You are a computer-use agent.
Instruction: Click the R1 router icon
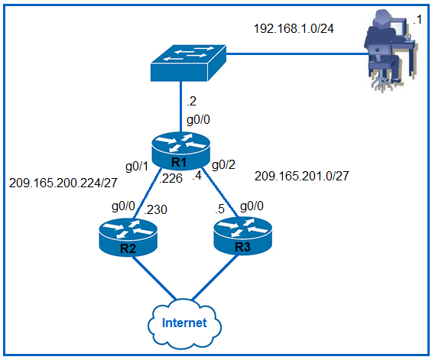[180, 151]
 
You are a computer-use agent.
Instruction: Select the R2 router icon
[128, 238]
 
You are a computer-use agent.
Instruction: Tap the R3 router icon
[242, 235]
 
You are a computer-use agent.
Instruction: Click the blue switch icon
[188, 63]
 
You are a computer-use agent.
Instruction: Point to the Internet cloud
[184, 323]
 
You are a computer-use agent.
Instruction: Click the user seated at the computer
[391, 50]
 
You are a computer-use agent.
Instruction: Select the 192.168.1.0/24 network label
[294, 28]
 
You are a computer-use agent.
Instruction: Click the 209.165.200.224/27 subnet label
[63, 183]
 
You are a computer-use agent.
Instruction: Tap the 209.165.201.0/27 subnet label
[302, 176]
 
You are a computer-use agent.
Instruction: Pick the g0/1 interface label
[137, 167]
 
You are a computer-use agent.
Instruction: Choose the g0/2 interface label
[223, 164]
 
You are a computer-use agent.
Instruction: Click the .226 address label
[171, 179]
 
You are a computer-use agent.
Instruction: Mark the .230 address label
[156, 210]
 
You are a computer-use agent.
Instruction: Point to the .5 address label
[219, 209]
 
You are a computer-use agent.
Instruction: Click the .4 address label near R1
[197, 176]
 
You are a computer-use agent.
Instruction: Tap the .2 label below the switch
[191, 102]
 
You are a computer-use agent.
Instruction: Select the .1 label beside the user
[417, 20]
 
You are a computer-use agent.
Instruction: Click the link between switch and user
[297, 54]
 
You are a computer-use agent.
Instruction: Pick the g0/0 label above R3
[252, 206]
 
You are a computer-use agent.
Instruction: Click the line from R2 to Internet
[154, 278]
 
